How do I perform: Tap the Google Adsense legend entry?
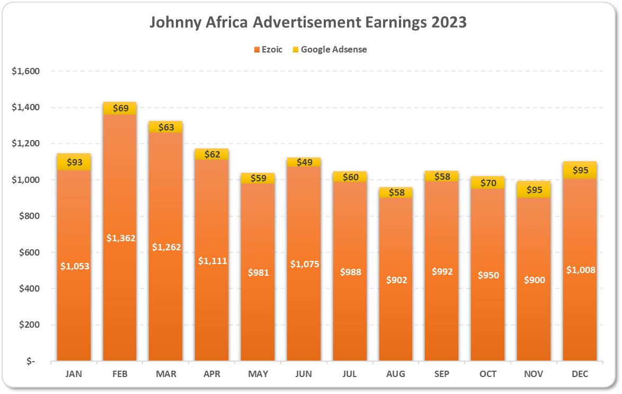(x=333, y=49)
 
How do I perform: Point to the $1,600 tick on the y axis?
(x=25, y=71)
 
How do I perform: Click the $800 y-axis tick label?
(x=29, y=216)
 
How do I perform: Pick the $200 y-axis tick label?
(x=29, y=325)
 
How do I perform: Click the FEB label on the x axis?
(x=120, y=374)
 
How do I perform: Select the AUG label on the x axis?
(x=396, y=374)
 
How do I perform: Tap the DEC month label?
(x=580, y=374)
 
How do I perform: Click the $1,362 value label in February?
(x=121, y=238)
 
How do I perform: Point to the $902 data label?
(x=396, y=280)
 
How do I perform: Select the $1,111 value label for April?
(x=212, y=261)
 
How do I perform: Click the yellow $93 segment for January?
(x=74, y=162)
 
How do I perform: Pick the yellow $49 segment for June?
(x=304, y=162)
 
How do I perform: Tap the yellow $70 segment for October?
(x=488, y=183)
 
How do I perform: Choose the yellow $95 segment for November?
(x=534, y=190)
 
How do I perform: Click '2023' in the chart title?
(x=445, y=23)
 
